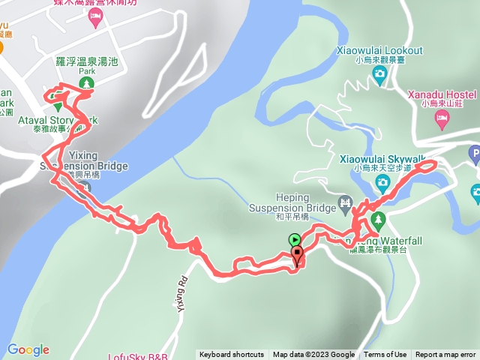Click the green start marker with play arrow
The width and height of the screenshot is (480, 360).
tap(295, 240)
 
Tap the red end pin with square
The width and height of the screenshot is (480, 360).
tap(298, 256)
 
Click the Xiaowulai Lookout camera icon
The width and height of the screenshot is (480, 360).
tap(379, 73)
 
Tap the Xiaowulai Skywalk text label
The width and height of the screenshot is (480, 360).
tap(382, 159)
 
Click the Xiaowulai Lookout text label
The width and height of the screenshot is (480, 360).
tap(379, 50)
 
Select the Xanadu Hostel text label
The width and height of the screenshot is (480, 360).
tap(442, 94)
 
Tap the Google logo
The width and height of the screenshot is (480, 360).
tap(28, 349)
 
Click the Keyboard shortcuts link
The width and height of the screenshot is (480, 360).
tap(232, 355)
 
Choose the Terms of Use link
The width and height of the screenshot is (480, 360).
tap(385, 355)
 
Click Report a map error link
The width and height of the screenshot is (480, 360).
tap(447, 355)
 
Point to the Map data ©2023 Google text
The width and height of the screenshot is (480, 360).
tap(313, 355)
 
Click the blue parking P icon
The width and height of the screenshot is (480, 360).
tap(475, 154)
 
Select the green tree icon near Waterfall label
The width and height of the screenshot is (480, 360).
tap(378, 219)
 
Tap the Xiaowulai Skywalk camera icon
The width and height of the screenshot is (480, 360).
tap(382, 182)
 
